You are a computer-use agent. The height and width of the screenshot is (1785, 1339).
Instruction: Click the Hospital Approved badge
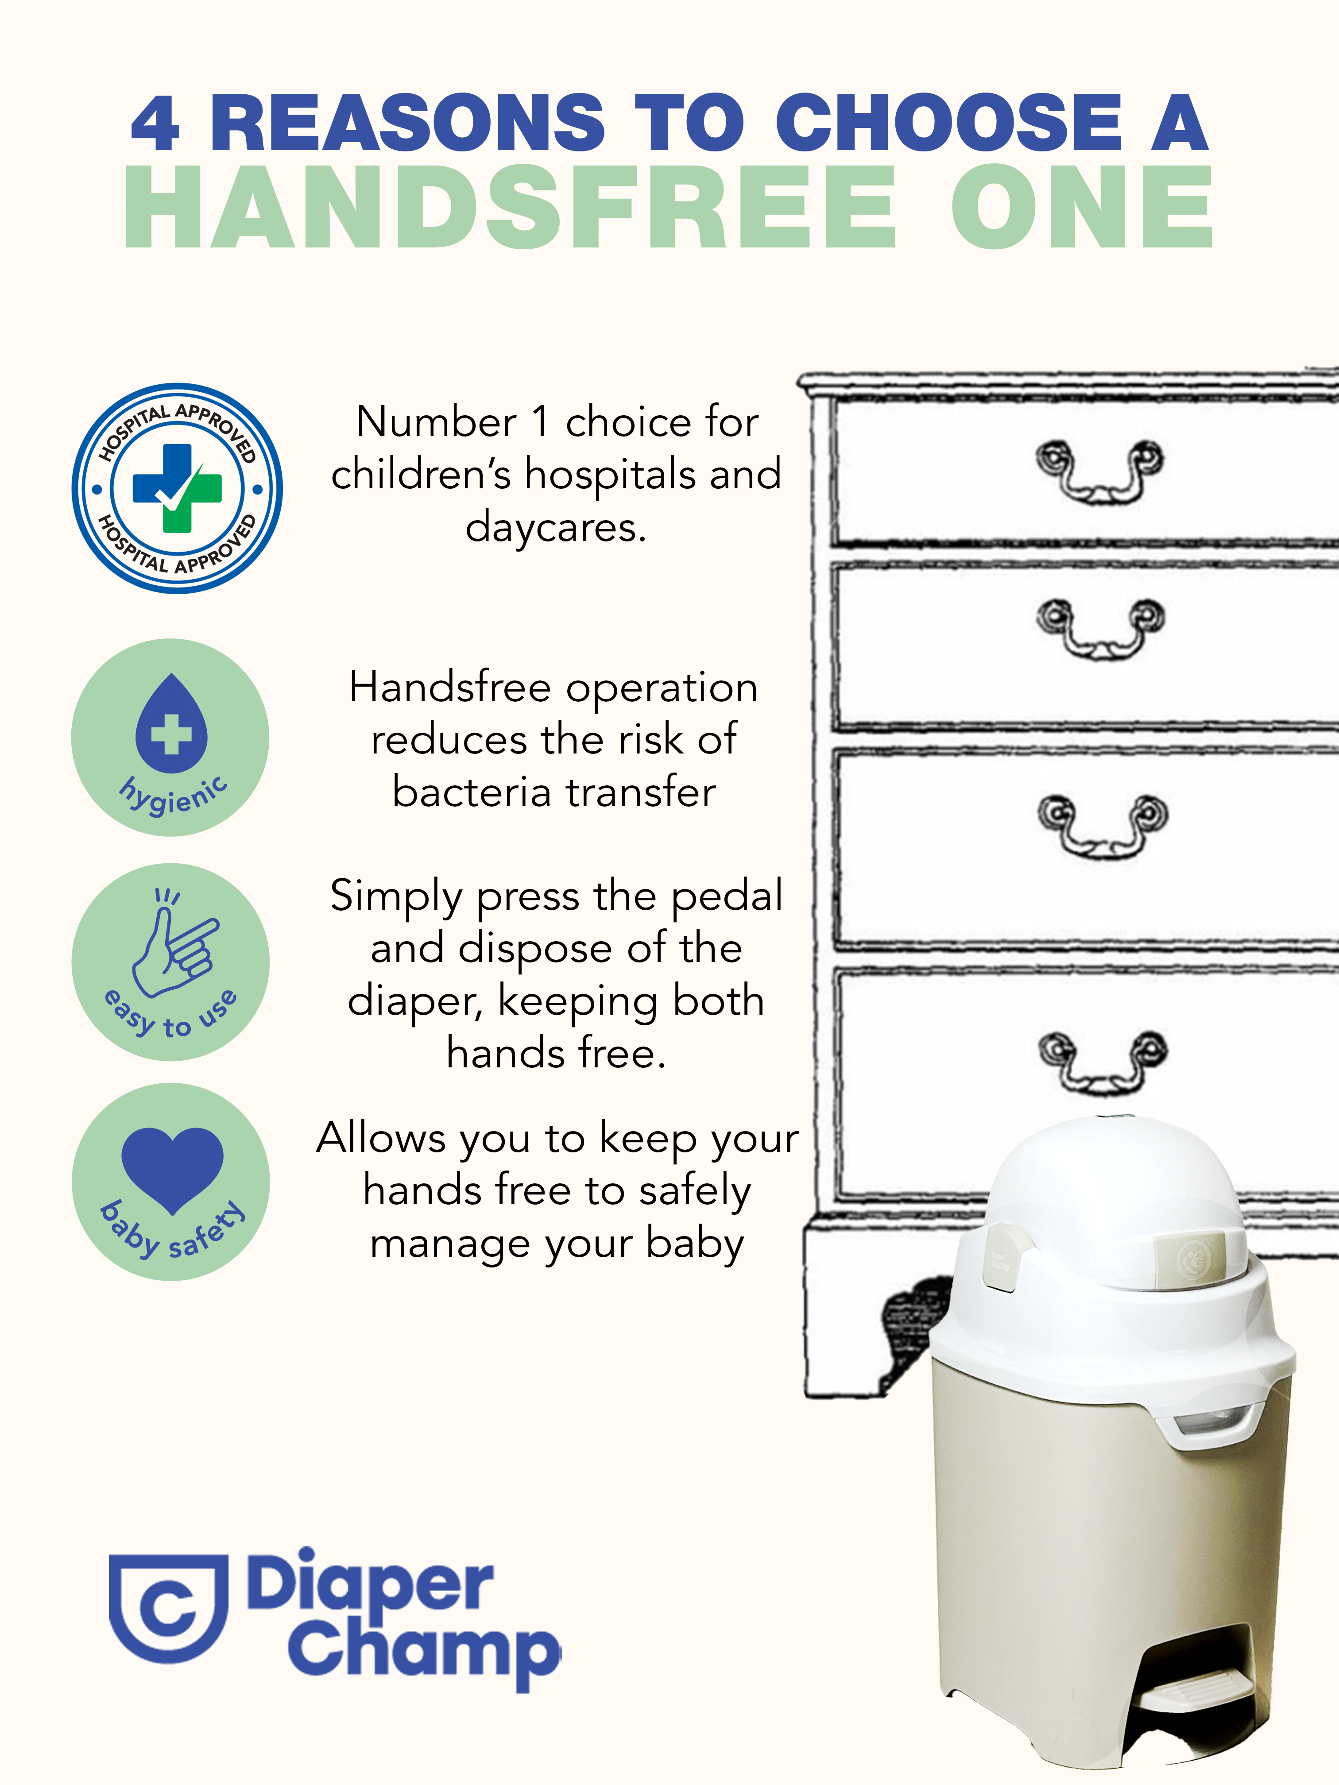point(177,488)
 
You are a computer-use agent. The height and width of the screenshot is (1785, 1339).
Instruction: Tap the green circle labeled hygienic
point(170,737)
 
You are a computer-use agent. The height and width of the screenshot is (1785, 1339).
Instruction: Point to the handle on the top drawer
point(1099,471)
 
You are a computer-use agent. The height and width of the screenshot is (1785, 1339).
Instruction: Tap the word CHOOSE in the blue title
point(948,123)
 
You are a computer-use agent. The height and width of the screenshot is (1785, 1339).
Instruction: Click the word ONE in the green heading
point(1082,207)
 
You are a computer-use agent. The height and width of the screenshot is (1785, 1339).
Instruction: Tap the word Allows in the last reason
point(381,1138)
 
